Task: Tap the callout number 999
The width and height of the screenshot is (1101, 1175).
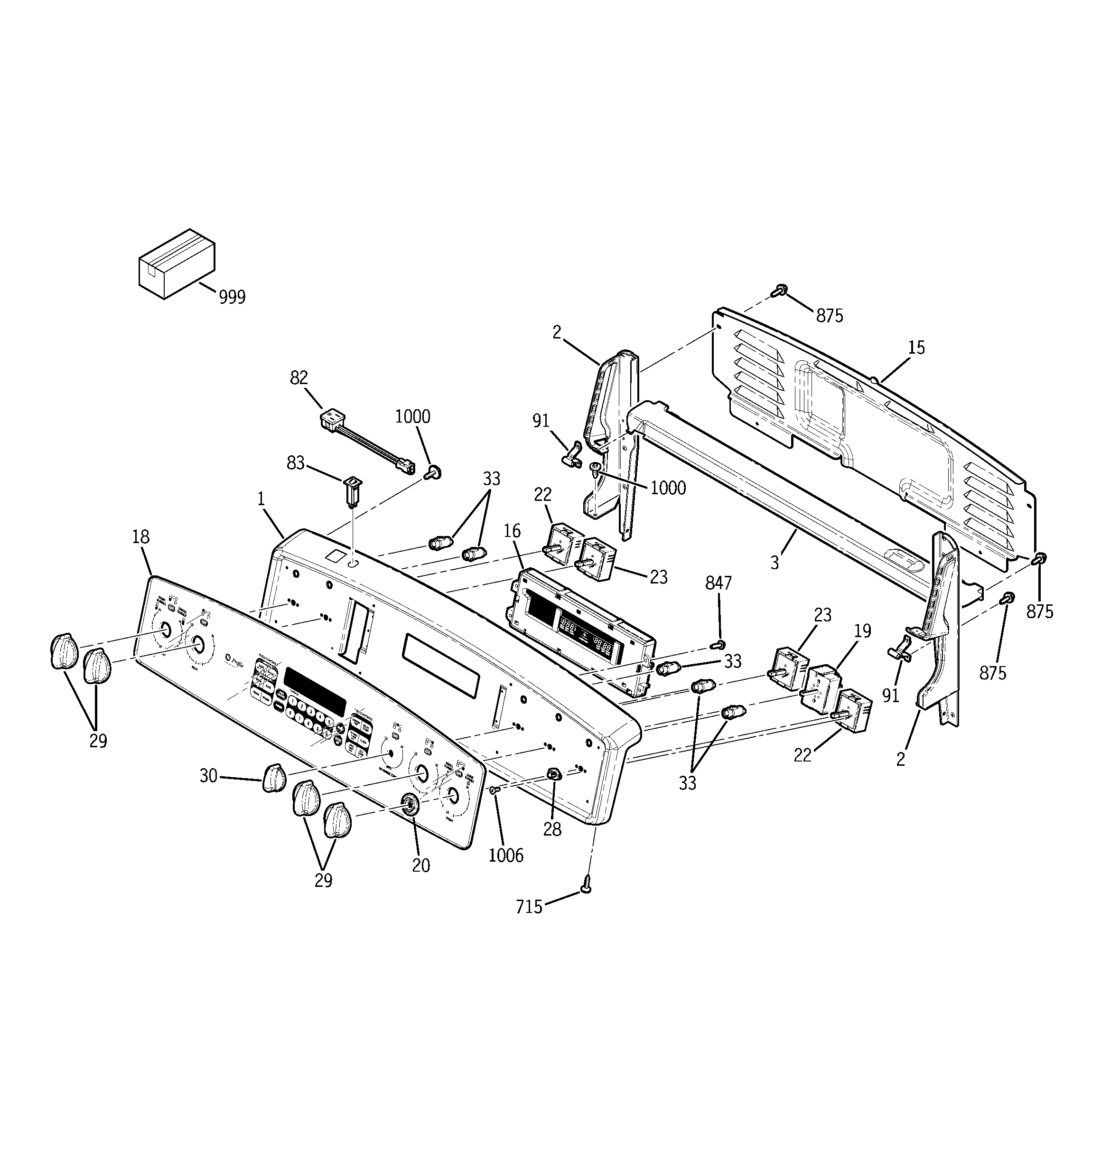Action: click(x=232, y=297)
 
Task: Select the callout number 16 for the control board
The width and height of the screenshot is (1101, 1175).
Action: click(x=512, y=531)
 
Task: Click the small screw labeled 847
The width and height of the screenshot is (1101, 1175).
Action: click(x=719, y=644)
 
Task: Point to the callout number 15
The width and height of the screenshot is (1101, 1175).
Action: click(x=916, y=348)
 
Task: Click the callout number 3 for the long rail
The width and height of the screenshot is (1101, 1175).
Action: click(x=774, y=563)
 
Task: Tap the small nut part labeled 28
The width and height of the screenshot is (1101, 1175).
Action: click(x=553, y=774)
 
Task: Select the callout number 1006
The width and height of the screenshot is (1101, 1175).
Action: click(x=506, y=855)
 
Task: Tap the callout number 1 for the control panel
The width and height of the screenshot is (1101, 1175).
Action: click(x=261, y=499)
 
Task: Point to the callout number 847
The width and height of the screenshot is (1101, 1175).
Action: click(x=718, y=583)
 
